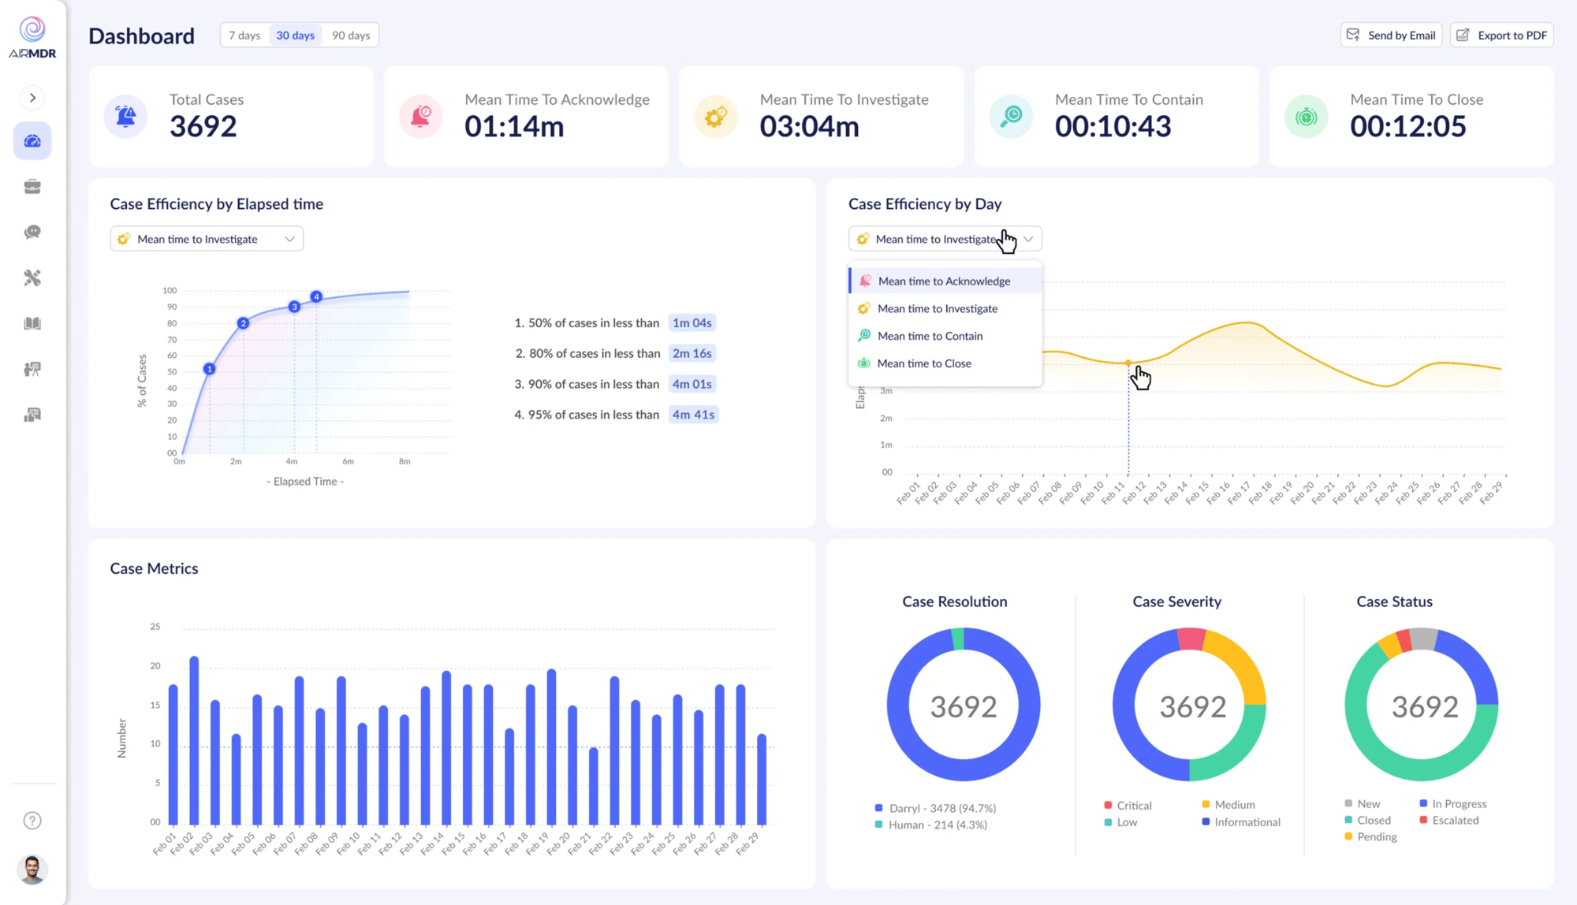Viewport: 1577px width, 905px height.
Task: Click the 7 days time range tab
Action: [244, 35]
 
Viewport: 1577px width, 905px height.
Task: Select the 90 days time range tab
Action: [351, 35]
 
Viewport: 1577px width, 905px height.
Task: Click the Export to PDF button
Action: [1502, 35]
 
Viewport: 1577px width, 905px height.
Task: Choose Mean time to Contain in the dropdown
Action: [930, 336]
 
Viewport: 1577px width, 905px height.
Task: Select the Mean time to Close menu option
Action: [924, 363]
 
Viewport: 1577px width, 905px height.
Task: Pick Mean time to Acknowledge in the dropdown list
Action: [944, 281]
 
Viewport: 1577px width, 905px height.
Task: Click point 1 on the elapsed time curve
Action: [209, 369]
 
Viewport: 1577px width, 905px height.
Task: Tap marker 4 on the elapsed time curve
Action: [316, 297]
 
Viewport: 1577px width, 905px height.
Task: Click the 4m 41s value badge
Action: [693, 415]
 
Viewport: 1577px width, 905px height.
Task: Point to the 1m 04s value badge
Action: [692, 323]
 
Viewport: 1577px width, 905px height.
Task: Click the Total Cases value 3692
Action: [203, 127]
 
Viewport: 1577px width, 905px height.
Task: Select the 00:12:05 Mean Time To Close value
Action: [1407, 127]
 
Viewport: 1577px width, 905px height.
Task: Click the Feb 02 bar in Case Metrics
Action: [194, 741]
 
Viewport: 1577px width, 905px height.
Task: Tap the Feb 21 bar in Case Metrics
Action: [594, 786]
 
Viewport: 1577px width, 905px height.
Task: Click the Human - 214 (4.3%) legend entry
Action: [938, 825]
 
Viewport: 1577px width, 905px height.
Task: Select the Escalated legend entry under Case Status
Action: [1455, 821]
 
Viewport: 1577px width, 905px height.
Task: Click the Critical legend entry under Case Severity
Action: [1133, 806]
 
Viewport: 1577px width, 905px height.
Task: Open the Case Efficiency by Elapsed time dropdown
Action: [207, 239]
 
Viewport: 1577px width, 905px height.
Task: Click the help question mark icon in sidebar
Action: [32, 821]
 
